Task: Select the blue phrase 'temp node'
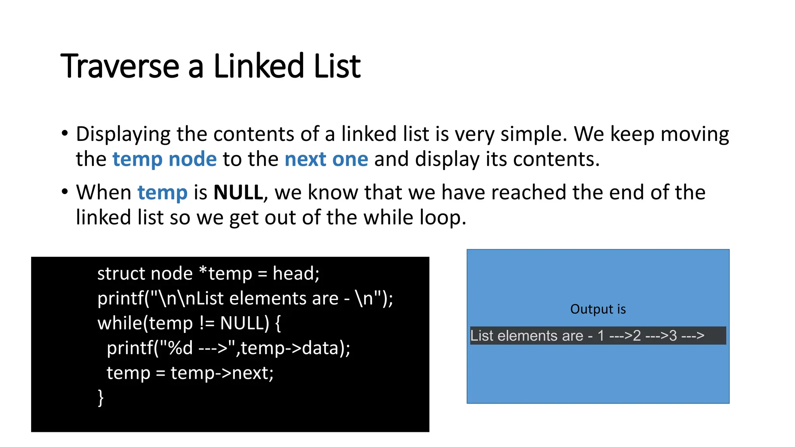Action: [164, 159]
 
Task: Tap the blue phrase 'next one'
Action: [326, 159]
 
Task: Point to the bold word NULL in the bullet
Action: [238, 192]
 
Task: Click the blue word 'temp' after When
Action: [162, 192]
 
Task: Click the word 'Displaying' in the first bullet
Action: [123, 134]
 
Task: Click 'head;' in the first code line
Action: [296, 274]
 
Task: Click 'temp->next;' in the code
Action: [222, 373]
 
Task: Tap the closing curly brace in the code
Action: [101, 398]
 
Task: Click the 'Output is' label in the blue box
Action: [598, 309]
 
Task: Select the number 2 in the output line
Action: [637, 336]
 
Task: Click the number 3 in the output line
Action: [673, 336]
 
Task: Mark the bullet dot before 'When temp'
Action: [65, 192]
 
